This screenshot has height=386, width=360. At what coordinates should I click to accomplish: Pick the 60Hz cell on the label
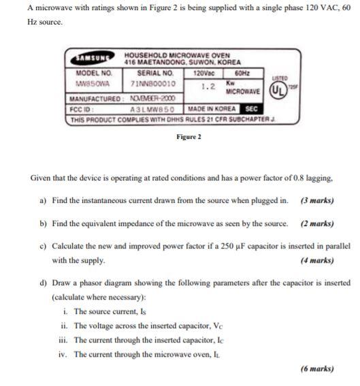tap(242, 72)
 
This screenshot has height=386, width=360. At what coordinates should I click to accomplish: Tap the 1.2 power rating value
tap(209, 86)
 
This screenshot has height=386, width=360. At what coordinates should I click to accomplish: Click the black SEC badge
tap(251, 108)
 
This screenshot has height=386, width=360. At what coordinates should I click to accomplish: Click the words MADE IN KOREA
tap(212, 109)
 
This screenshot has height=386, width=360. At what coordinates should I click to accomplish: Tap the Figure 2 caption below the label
tap(189, 137)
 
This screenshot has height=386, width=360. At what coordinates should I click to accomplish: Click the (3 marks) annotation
tap(316, 200)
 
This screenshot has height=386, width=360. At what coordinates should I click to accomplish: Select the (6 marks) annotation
tap(316, 368)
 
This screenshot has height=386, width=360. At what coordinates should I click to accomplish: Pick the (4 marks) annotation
tap(316, 259)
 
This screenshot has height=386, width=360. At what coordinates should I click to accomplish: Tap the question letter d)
tap(44, 282)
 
